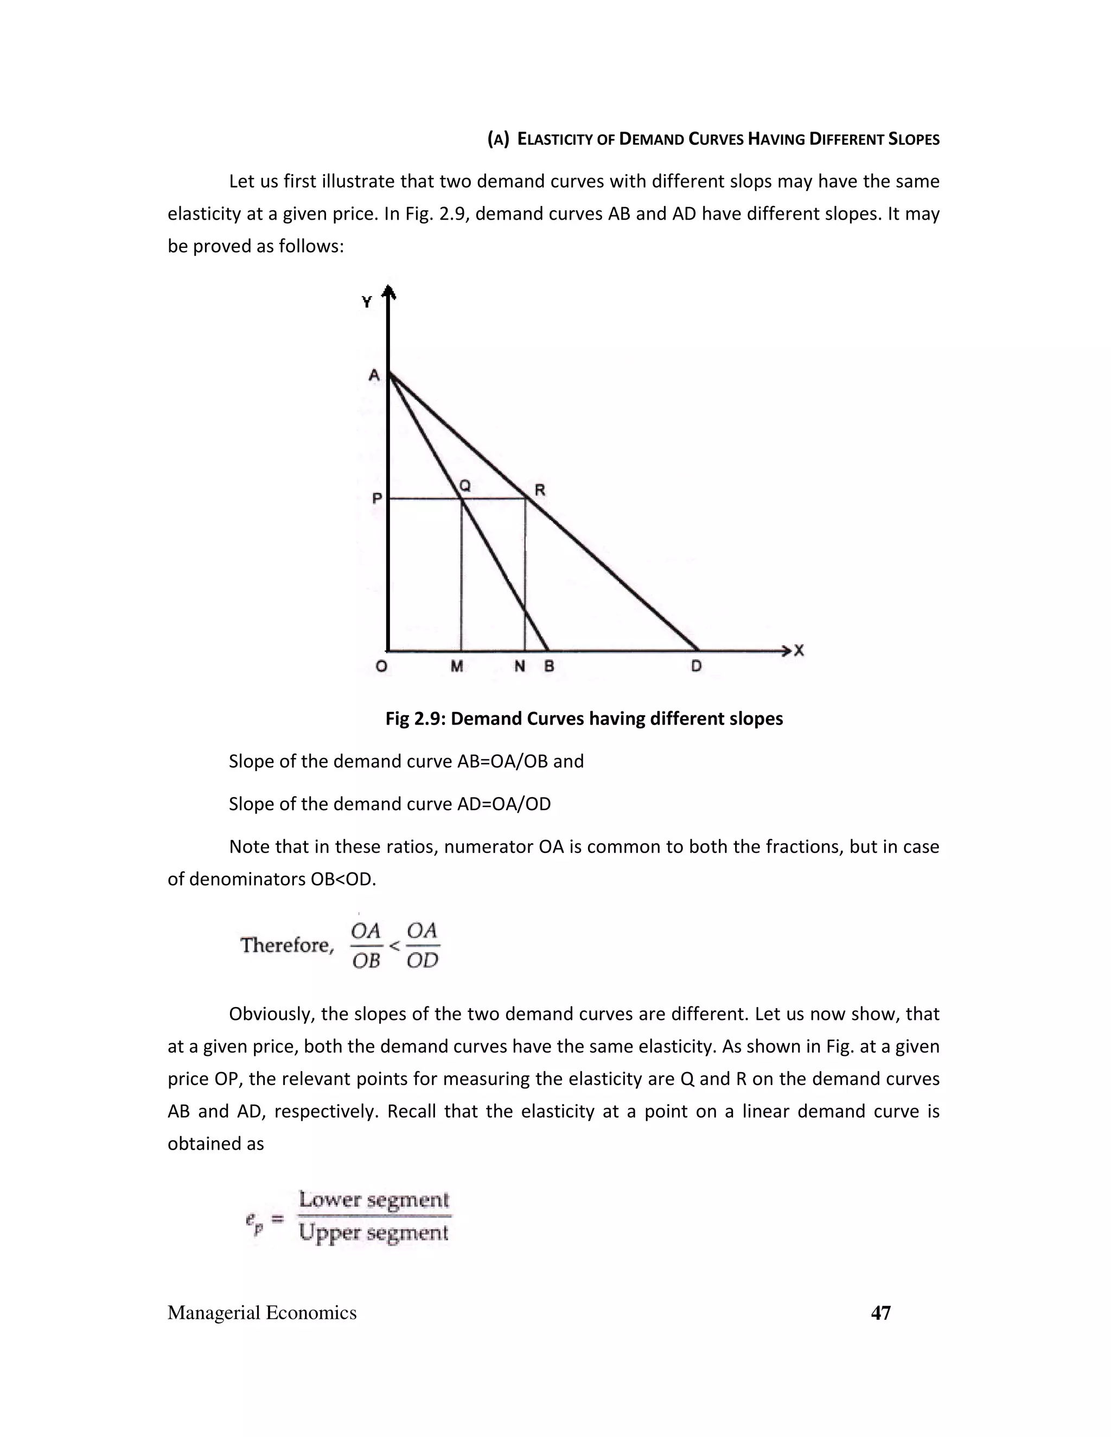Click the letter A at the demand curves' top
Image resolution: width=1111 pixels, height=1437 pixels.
coord(374,376)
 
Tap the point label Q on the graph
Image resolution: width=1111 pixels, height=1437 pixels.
coord(465,485)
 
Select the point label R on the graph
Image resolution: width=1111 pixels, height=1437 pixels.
coord(540,490)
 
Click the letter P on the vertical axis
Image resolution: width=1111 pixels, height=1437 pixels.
coord(376,499)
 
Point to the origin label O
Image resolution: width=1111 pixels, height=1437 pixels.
coord(381,666)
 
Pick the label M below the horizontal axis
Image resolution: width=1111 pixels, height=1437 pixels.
coord(457,666)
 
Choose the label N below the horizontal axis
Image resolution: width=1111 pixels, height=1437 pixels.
coord(519,666)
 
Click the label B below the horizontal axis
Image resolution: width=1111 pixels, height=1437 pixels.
coord(549,666)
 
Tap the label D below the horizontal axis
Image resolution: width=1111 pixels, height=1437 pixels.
coord(697,666)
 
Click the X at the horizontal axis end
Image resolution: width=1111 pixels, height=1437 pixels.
coord(799,651)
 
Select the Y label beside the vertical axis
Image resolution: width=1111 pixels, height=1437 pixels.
coord(367,302)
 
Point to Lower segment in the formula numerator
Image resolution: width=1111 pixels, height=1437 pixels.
coord(374,1200)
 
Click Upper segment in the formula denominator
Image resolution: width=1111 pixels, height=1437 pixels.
coord(374,1233)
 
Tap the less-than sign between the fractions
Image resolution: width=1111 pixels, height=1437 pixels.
coord(394,946)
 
